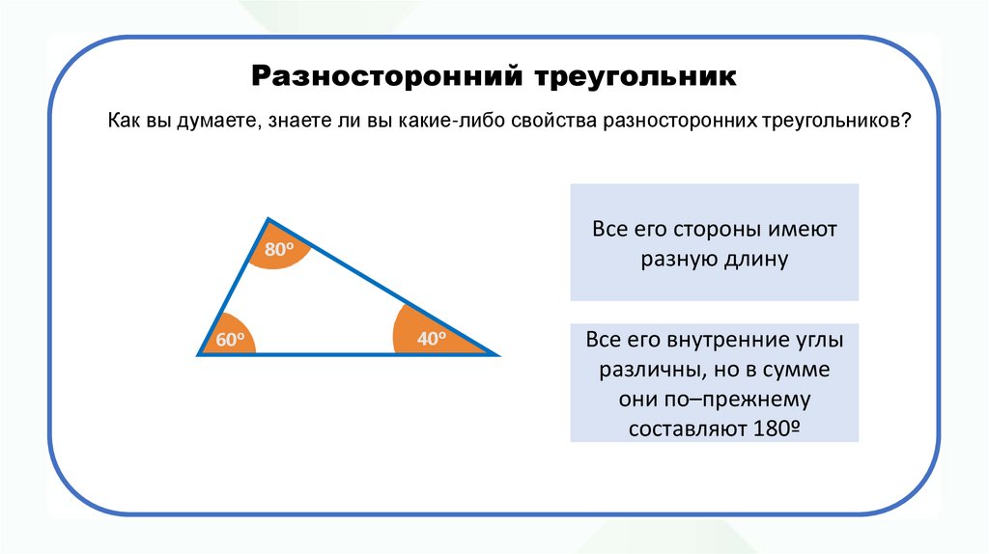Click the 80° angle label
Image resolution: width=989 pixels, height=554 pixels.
(x=278, y=250)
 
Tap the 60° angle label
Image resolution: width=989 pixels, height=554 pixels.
(x=229, y=340)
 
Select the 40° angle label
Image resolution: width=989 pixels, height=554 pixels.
(x=430, y=339)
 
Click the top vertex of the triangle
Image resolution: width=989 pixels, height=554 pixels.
(x=268, y=219)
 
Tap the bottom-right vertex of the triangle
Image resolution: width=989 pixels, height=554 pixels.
(x=498, y=355)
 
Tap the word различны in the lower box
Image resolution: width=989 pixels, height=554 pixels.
(x=650, y=371)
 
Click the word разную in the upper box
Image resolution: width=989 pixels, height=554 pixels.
(x=677, y=260)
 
